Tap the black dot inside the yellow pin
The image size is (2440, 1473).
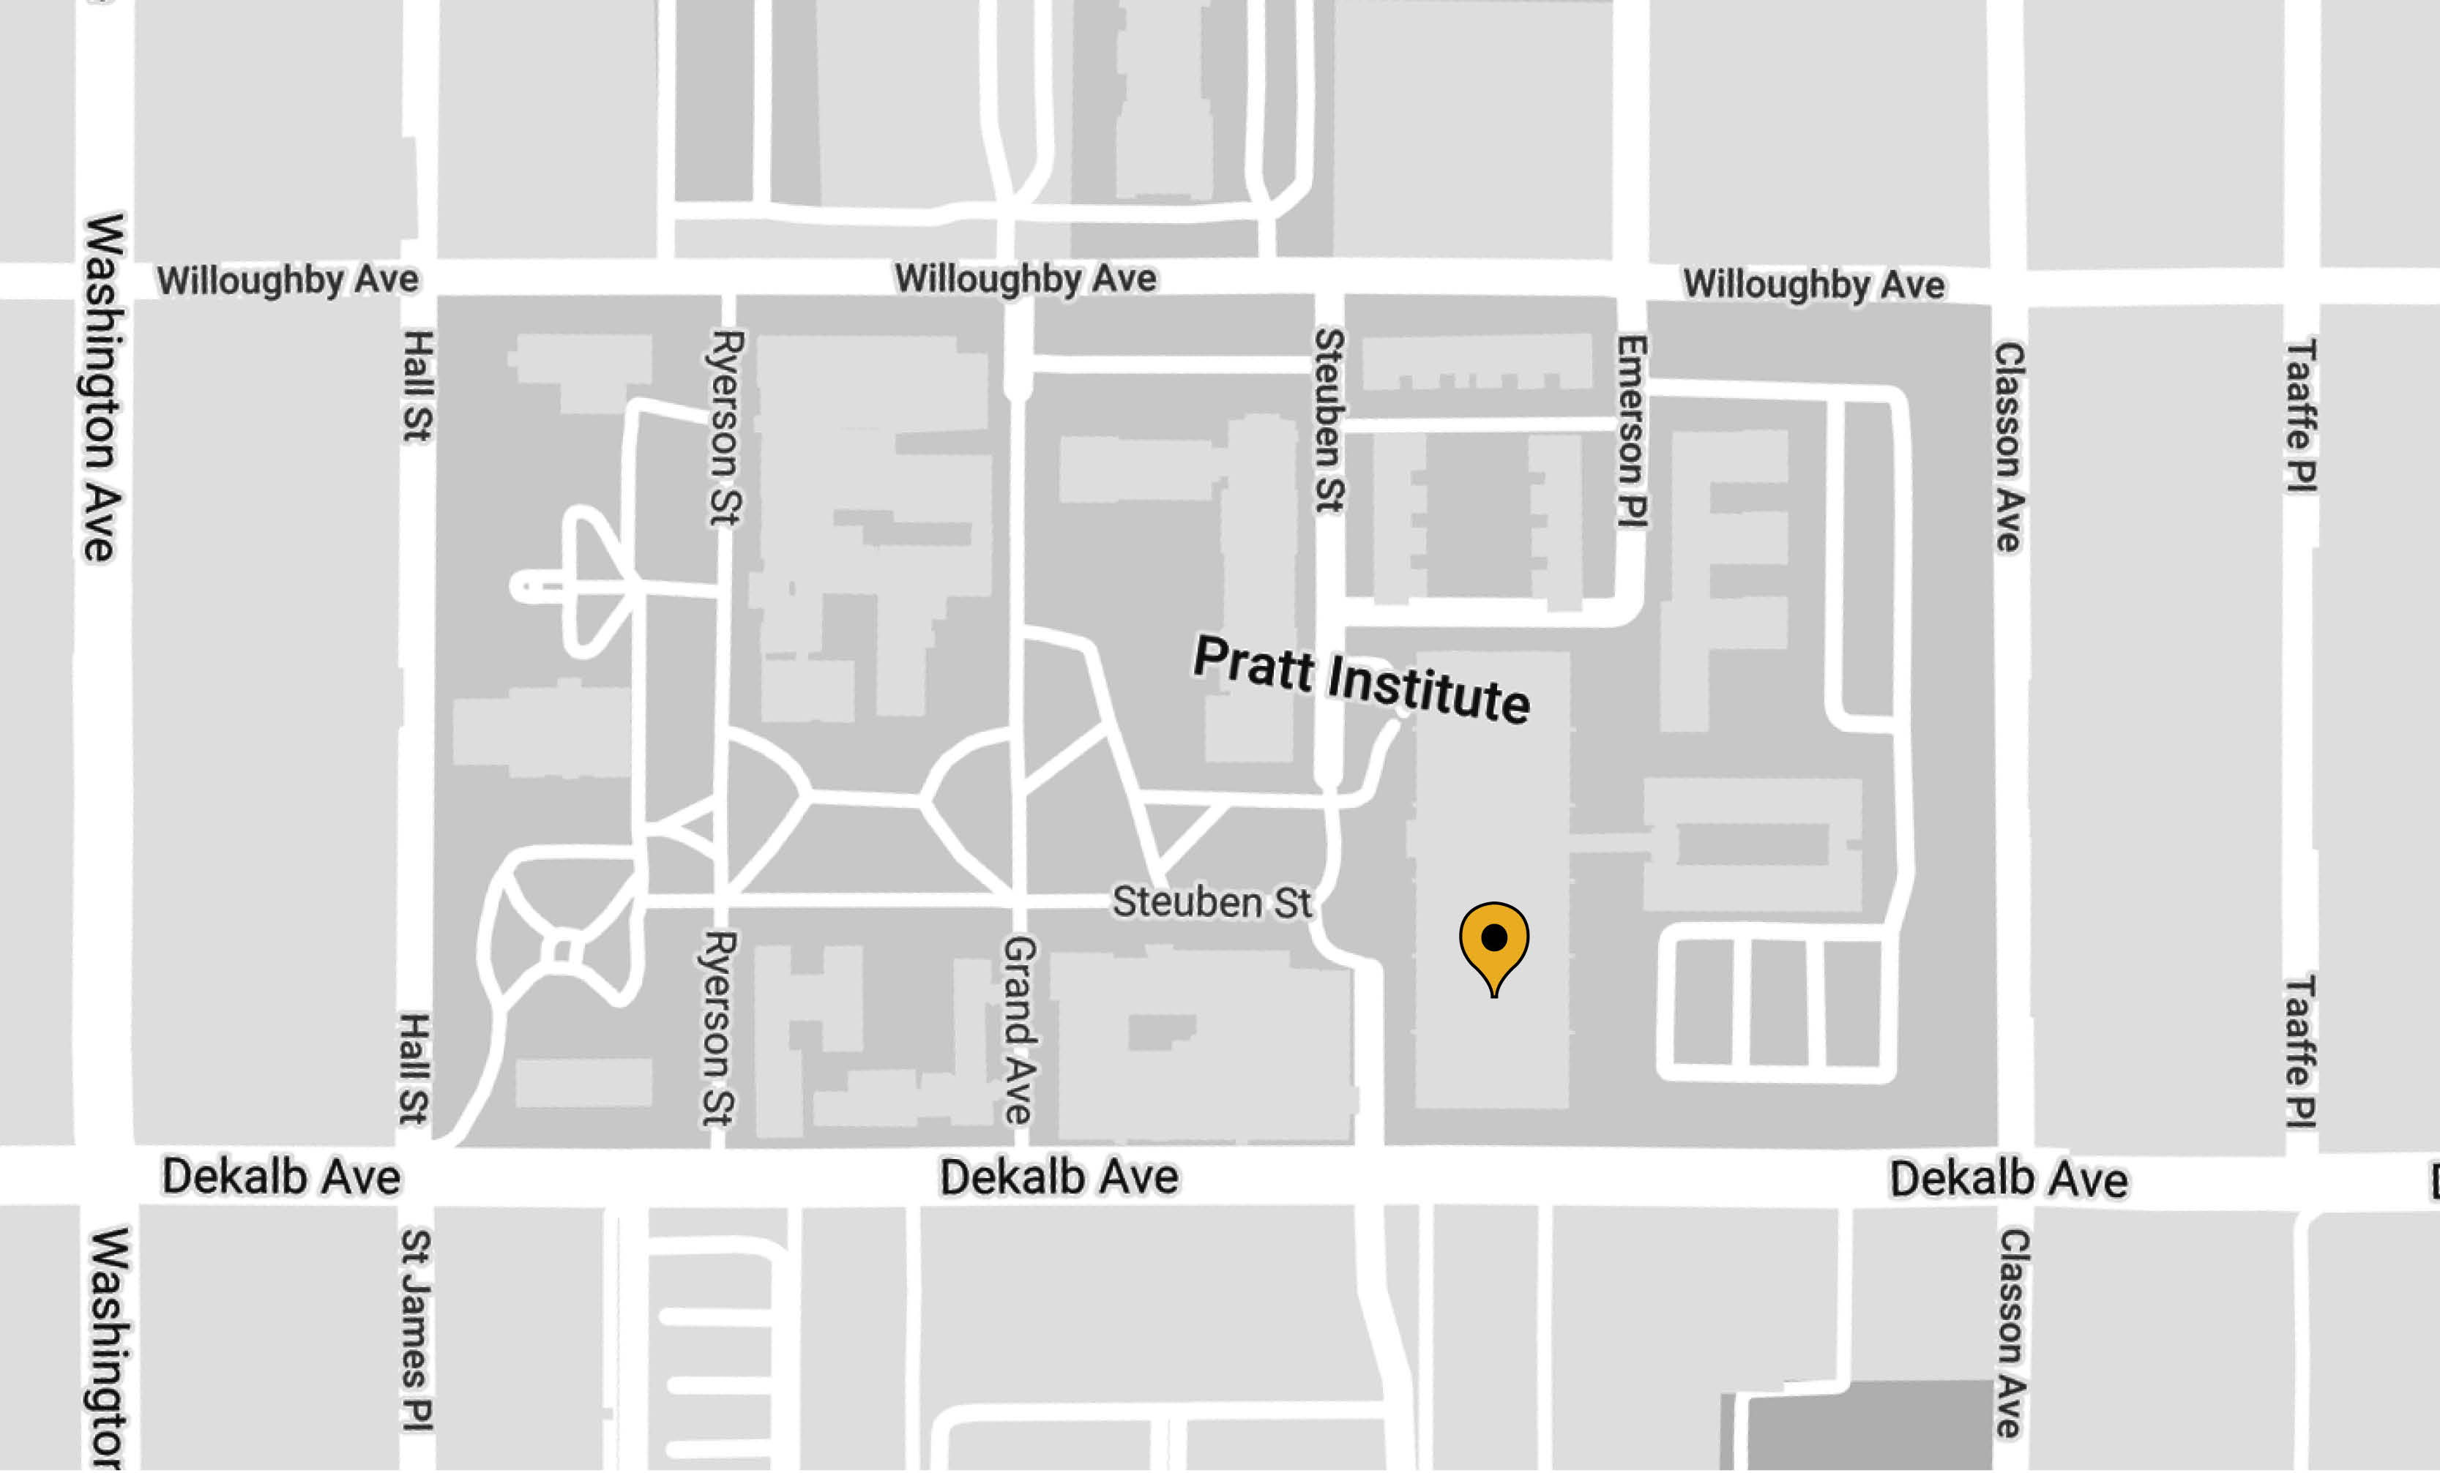pyautogui.click(x=1493, y=937)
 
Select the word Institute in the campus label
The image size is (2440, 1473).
pyautogui.click(x=1428, y=689)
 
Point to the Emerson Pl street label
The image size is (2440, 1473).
pyautogui.click(x=1631, y=432)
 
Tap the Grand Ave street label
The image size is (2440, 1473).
pyautogui.click(x=1018, y=1030)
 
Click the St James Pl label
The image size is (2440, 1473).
pyautogui.click(x=416, y=1330)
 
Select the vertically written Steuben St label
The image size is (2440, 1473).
pyautogui.click(x=1329, y=421)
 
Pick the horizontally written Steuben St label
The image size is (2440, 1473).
pyautogui.click(x=1211, y=902)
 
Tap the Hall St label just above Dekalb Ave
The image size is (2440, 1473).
pyautogui.click(x=414, y=1068)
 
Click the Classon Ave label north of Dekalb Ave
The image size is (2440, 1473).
pyautogui.click(x=2007, y=446)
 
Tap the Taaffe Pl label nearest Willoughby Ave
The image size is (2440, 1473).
pyautogui.click(x=2300, y=416)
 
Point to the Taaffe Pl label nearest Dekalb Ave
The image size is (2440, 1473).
pyautogui.click(x=2299, y=1052)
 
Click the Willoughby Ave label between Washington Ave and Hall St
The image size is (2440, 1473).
pyautogui.click(x=287, y=280)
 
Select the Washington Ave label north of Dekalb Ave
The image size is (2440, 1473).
pyautogui.click(x=102, y=388)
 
